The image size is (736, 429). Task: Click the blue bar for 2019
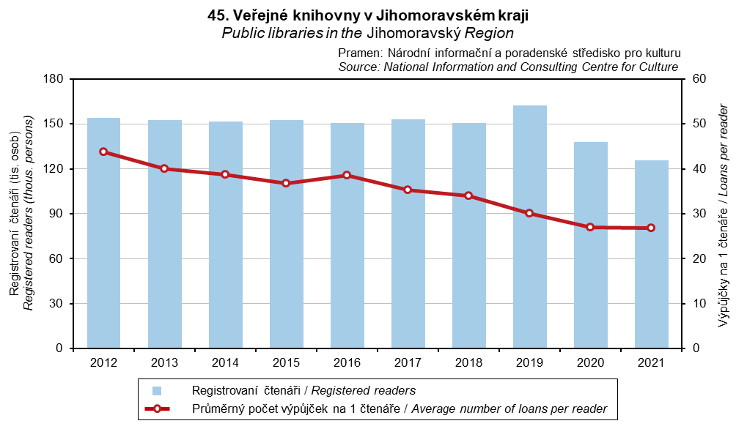coord(529,227)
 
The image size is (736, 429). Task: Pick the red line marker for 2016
coord(347,175)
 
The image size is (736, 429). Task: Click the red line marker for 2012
coord(103,152)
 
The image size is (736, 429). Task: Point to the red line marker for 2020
coord(590,227)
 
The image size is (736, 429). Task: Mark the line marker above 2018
coord(468,195)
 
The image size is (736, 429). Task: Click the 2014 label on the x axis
coord(225,362)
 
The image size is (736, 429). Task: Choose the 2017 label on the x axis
coord(408,362)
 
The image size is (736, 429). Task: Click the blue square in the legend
coord(157,390)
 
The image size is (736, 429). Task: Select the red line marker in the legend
coord(157,409)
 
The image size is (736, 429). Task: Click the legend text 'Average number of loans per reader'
coord(509,409)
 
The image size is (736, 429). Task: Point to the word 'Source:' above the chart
coord(358,67)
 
